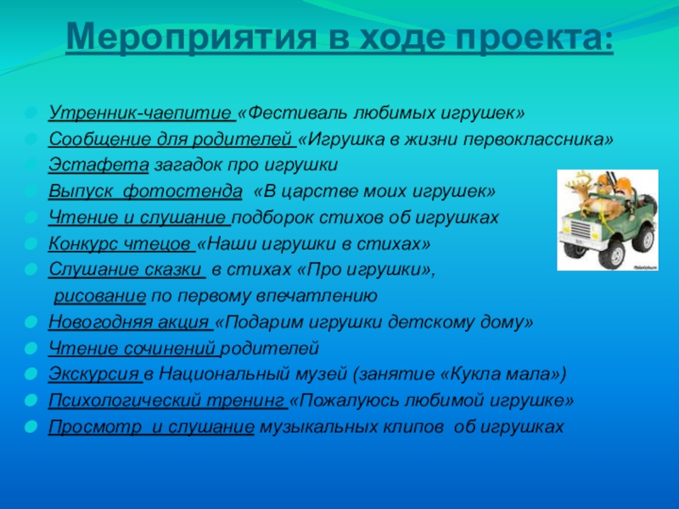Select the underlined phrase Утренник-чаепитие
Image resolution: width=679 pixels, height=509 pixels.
(140, 113)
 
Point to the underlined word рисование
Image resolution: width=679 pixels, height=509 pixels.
(100, 296)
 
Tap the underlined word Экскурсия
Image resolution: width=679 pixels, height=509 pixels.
(93, 375)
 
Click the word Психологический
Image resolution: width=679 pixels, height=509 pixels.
(119, 401)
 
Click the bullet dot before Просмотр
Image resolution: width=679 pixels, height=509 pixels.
(31, 428)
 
